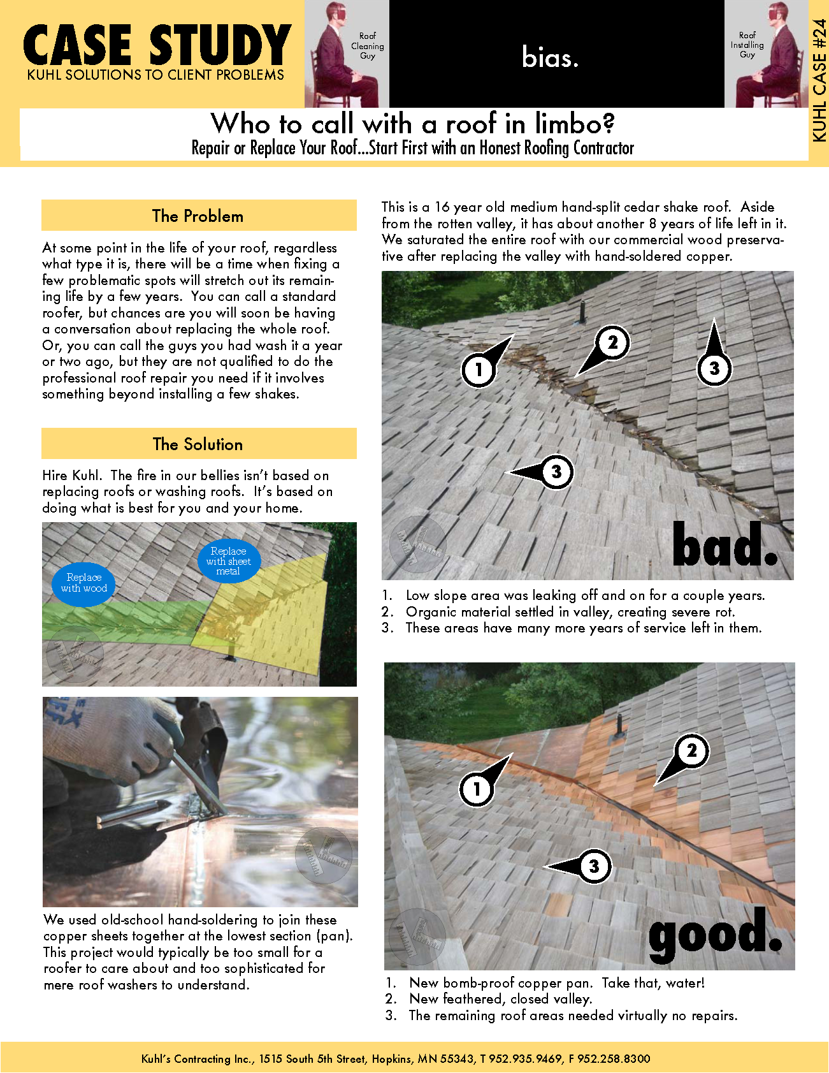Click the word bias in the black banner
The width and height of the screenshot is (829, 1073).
550,57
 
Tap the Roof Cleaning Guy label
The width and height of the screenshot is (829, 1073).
368,46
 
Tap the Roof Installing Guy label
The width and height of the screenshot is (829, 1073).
747,45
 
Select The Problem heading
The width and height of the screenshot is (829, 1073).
198,216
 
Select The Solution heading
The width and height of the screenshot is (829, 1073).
198,444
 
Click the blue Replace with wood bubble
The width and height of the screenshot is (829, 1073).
83,583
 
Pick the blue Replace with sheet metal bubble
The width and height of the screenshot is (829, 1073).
228,561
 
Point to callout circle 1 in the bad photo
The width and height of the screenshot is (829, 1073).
479,369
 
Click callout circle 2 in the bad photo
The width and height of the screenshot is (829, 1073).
612,343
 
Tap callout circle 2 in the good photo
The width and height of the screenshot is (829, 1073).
691,750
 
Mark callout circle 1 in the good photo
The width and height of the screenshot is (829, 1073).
477,789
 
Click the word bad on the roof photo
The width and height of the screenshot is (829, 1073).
726,544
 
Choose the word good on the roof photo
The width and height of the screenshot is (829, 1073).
716,933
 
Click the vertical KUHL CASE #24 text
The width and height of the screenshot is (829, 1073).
819,80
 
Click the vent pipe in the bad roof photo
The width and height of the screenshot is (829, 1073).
582,311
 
